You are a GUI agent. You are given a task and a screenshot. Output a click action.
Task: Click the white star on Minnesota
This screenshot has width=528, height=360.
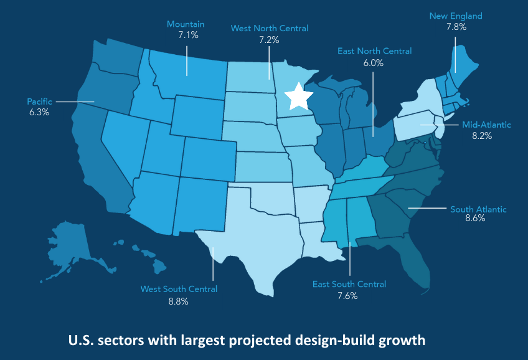tap(298, 97)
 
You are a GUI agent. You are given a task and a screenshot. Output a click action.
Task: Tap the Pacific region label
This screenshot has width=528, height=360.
tap(39, 101)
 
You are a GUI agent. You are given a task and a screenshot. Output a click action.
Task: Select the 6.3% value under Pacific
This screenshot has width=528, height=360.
tap(39, 113)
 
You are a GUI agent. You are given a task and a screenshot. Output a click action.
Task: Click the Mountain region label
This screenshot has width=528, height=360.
tap(186, 24)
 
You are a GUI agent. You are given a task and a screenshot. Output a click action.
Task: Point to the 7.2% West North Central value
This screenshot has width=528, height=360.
tap(269, 39)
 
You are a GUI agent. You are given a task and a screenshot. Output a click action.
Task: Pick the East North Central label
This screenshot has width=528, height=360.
tap(374, 51)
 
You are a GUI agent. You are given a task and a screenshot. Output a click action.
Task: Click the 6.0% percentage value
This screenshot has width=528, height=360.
tap(373, 63)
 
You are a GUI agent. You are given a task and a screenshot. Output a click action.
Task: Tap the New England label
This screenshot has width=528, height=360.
tap(456, 16)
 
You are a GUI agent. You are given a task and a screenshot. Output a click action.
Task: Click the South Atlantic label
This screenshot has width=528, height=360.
tap(478, 209)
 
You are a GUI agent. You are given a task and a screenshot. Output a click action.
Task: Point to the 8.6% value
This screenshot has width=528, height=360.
tap(475, 220)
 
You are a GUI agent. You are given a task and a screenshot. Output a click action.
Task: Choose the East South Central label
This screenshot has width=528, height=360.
tap(349, 285)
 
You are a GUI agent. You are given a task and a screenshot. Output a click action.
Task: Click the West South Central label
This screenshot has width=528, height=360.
tap(179, 289)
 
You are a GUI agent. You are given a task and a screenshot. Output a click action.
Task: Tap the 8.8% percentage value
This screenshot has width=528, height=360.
tap(178, 301)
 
